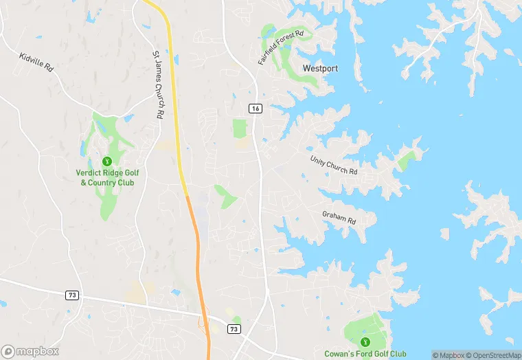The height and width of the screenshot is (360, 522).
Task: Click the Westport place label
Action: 320,69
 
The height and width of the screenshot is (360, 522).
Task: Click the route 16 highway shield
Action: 256,109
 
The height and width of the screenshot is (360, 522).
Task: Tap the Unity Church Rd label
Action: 334,164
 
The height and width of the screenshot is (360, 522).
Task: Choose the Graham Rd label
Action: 339,217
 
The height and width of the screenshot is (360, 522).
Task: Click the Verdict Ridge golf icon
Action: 106,161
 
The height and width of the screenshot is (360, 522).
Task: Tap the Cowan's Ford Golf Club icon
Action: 365,341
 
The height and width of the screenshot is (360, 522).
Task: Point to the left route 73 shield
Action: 71,295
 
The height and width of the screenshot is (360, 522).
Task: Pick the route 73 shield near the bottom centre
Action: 235,330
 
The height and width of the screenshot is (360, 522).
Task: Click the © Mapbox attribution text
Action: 448,355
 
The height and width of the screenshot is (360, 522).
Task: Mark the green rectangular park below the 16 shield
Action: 239,128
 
